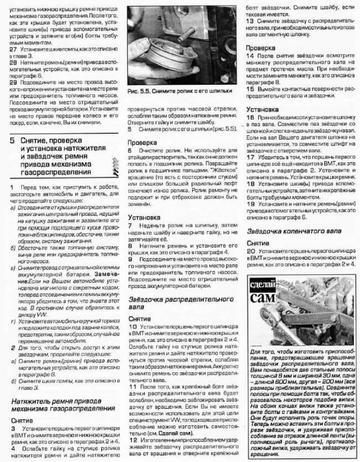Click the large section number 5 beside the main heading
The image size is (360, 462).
coord(12,142)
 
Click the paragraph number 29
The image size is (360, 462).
coord(13,81)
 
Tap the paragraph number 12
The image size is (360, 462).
coord(131,423)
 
